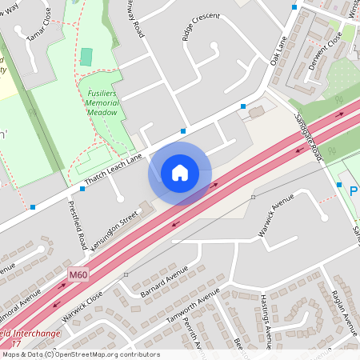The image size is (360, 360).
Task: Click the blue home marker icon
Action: point(180,173)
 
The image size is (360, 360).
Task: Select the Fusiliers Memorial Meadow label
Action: point(102,102)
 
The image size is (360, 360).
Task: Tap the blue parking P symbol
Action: point(354,191)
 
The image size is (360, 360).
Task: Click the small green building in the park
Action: point(86,57)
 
